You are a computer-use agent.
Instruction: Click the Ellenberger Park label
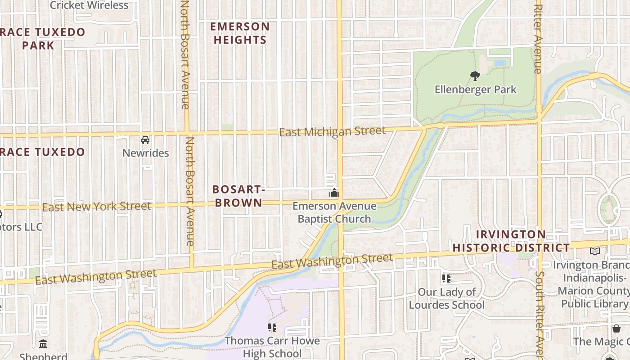click(x=475, y=90)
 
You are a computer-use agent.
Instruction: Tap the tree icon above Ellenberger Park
click(x=475, y=76)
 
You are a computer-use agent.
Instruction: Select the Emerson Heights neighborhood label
click(x=240, y=33)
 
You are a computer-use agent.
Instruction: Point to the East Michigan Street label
click(x=332, y=131)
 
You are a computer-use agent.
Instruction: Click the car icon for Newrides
click(x=145, y=140)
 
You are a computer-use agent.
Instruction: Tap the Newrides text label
click(x=145, y=153)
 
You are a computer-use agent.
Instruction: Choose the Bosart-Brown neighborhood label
click(x=238, y=196)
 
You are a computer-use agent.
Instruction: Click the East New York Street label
click(x=96, y=207)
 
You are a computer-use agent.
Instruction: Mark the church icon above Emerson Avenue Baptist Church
click(x=334, y=193)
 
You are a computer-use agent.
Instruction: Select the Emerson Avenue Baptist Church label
click(x=334, y=212)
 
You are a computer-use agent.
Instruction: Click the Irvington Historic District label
click(x=511, y=241)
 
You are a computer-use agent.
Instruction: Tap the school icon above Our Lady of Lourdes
click(x=446, y=279)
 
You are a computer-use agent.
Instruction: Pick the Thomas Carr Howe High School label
click(x=272, y=347)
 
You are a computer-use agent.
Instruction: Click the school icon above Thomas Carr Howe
click(x=272, y=327)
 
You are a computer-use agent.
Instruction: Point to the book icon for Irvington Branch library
click(x=595, y=251)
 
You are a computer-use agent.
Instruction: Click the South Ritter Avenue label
click(x=539, y=310)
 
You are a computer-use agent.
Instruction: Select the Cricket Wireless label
click(x=89, y=5)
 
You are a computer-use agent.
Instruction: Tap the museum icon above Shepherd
click(x=43, y=344)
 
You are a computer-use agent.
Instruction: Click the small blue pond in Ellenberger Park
click(x=500, y=63)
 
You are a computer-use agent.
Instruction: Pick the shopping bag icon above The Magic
click(x=616, y=328)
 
